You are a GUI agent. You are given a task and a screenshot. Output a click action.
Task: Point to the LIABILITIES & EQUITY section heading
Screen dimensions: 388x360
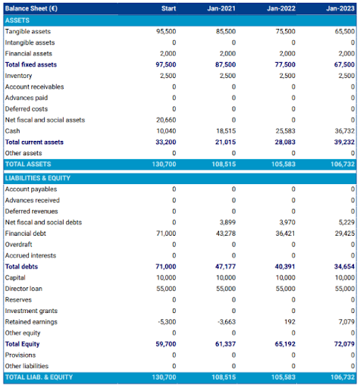click(38, 178)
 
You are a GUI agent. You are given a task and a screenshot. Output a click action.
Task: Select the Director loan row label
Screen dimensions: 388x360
click(25, 289)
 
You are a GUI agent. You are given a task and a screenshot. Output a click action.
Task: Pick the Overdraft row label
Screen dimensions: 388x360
click(20, 245)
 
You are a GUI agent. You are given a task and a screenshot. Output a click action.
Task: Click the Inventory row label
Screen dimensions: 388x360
click(19, 76)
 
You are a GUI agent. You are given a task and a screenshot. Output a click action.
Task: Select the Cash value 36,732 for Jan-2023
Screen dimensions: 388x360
click(344, 131)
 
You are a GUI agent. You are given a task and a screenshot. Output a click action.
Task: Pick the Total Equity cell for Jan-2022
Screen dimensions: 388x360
click(285, 344)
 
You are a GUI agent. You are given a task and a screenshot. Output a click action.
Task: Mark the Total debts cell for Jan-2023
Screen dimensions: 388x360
click(344, 267)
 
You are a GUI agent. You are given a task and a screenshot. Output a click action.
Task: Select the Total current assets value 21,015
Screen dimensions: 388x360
click(225, 142)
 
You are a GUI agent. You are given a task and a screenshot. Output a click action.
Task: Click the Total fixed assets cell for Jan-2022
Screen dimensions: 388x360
click(285, 65)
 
